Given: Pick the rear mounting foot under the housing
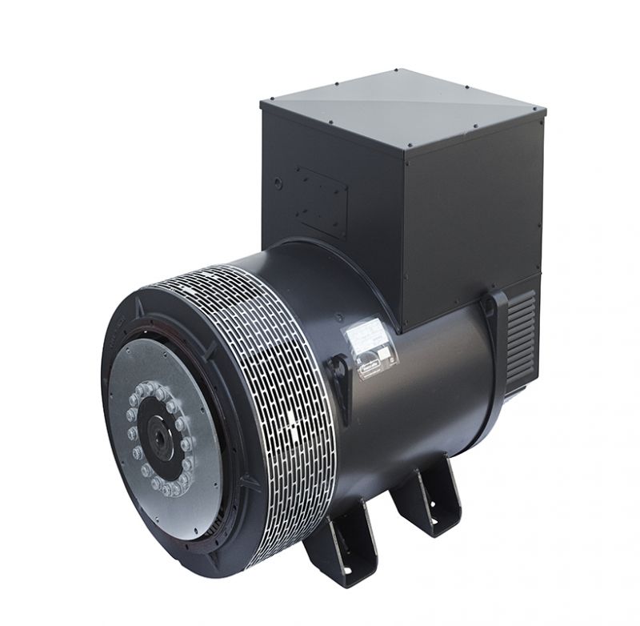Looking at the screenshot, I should (x=428, y=496).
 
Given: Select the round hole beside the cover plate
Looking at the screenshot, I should (x=277, y=183).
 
